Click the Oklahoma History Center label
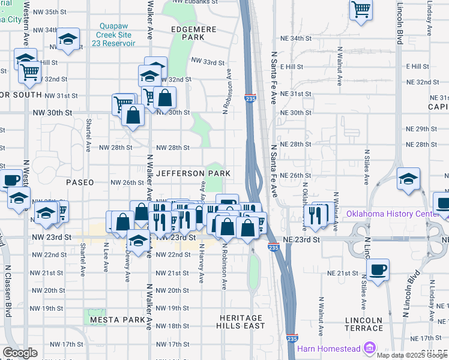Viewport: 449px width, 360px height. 397,214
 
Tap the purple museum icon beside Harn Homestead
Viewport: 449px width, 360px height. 370,348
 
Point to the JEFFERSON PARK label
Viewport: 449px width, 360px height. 193,173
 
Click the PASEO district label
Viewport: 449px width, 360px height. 80,182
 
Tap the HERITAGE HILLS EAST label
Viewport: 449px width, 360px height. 241,322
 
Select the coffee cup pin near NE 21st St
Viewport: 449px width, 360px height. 378,270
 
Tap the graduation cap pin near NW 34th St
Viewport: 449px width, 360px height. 68,40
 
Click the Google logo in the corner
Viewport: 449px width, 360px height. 20,353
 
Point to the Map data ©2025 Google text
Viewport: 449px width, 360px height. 412,355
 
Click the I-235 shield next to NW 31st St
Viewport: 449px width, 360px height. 250,98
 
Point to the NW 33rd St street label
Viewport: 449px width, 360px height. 208,62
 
